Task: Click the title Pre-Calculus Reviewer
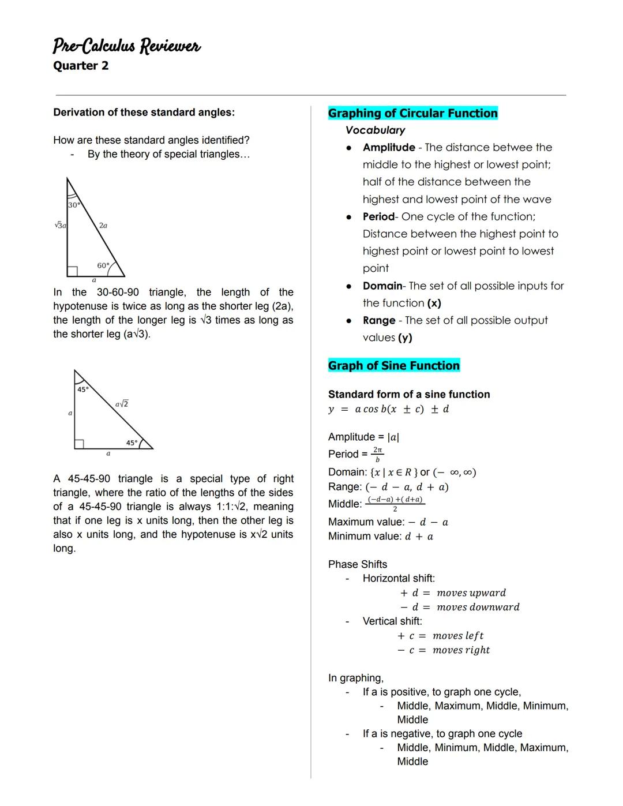point(126,46)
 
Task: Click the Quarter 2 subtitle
point(81,66)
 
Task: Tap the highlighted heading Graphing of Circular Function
point(412,113)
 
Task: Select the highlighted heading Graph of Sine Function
point(394,366)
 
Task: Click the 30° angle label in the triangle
point(74,205)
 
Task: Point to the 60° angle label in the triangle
point(103,265)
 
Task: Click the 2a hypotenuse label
point(103,226)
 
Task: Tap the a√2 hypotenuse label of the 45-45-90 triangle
point(122,404)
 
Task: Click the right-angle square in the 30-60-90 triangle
point(72,271)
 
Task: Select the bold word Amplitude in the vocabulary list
point(389,148)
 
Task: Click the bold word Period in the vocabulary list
point(378,217)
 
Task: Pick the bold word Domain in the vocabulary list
point(382,286)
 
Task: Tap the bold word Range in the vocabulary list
point(379,321)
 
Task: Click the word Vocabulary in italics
point(375,130)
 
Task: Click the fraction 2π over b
point(377,454)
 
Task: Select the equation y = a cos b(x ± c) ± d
point(388,409)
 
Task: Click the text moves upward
point(471,593)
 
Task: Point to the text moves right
point(461,650)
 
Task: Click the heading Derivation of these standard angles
point(144,113)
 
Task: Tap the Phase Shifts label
point(358,564)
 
